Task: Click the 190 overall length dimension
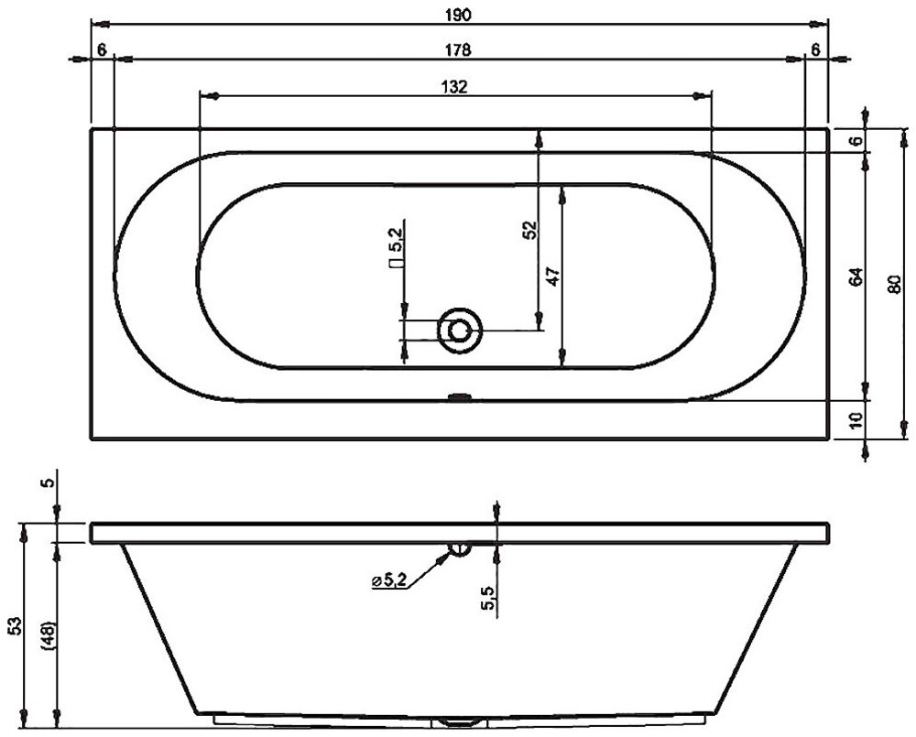pyautogui.click(x=459, y=16)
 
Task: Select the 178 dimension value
pyautogui.click(x=459, y=50)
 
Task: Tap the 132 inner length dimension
pyautogui.click(x=455, y=87)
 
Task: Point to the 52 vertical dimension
pyautogui.click(x=529, y=230)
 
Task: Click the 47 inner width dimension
pyautogui.click(x=553, y=276)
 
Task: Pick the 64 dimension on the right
pyautogui.click(x=856, y=276)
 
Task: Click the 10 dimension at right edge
pyautogui.click(x=856, y=420)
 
